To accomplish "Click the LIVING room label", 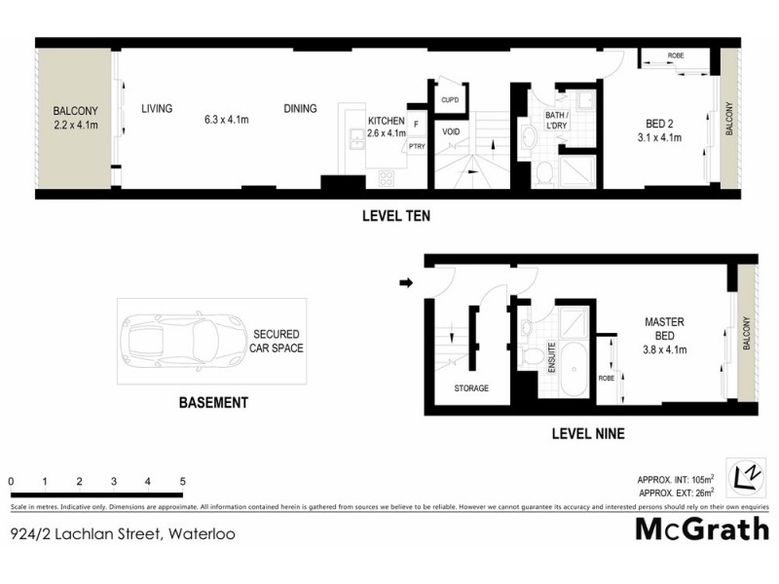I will tap(156, 109).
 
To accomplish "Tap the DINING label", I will tap(300, 109).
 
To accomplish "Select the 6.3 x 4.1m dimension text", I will tap(227, 121).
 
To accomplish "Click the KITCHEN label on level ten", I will tap(386, 122).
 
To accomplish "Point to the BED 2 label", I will tap(659, 124).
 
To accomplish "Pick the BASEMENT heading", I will tap(213, 402).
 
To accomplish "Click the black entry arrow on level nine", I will tap(406, 284).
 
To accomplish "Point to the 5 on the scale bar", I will tap(182, 482).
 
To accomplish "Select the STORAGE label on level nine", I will tap(470, 388).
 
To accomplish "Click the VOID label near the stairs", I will tap(451, 131).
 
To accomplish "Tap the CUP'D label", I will tap(450, 100).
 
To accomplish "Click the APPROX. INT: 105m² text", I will tap(676, 480).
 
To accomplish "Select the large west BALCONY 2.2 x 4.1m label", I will tap(74, 118).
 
